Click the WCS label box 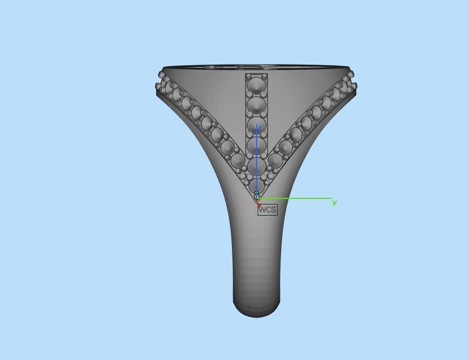click(267, 210)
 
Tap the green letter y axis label click(335, 202)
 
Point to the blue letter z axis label click(259, 128)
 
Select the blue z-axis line click(257, 162)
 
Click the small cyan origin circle click(257, 193)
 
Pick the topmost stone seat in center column click(257, 85)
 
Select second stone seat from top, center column click(257, 105)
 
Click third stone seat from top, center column click(257, 125)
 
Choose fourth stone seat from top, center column click(257, 146)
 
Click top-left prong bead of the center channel click(248, 75)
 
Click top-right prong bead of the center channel click(264, 75)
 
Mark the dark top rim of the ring click(257, 67)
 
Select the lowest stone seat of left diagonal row click(239, 160)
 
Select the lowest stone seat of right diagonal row click(275, 160)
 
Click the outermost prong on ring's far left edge click(158, 86)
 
